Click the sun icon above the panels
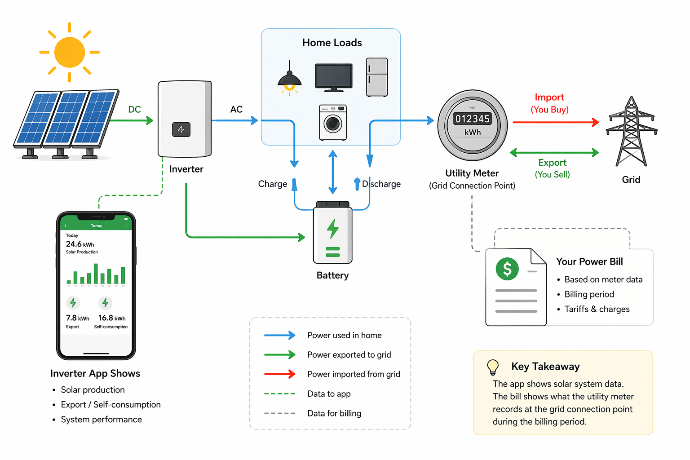coord(70,52)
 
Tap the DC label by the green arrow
coord(134,109)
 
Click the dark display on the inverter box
coord(181,129)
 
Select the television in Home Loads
coord(334,77)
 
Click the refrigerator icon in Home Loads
coord(377,77)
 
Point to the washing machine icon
coord(333,123)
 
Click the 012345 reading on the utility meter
coord(472,119)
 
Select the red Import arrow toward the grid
coord(555,122)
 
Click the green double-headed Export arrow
coord(554,153)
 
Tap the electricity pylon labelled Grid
coord(631,132)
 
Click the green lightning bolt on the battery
coord(332,229)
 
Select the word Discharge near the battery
coord(381,184)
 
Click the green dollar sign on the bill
coord(507,269)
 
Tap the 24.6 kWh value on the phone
coord(80,244)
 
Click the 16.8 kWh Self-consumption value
coord(112,318)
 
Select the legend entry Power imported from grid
coord(354,374)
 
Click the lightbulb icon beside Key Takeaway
coord(493,367)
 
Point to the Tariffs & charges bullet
coord(597,309)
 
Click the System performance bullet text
coord(101,419)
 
